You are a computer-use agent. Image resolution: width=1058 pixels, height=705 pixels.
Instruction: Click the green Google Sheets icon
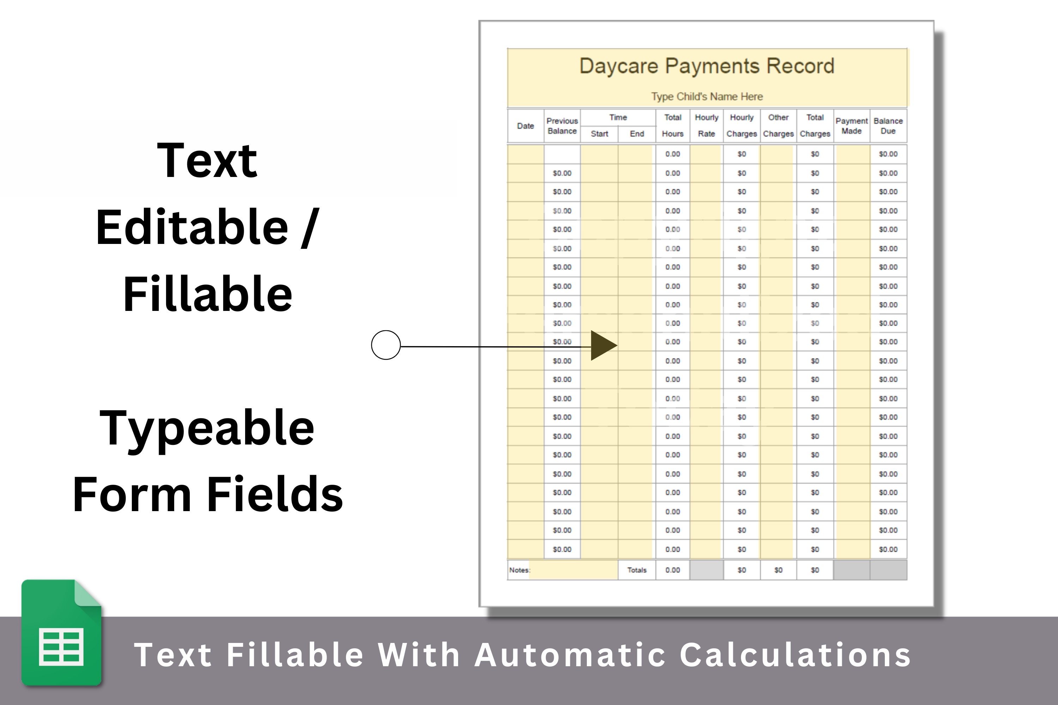click(62, 633)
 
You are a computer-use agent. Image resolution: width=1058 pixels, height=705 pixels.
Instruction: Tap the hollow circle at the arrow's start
click(386, 345)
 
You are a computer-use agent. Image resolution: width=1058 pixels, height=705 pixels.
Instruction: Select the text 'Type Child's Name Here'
click(707, 97)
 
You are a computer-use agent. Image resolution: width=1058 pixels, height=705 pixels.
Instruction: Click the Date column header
click(525, 126)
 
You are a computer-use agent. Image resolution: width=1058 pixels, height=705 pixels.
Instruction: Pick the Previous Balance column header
click(562, 126)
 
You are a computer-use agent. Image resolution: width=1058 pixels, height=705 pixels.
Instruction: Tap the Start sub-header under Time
click(599, 134)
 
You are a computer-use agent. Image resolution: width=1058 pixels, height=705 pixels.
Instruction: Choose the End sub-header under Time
click(637, 134)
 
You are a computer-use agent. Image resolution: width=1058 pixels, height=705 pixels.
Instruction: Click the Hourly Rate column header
click(706, 125)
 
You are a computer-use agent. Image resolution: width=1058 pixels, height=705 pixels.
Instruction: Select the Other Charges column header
click(778, 125)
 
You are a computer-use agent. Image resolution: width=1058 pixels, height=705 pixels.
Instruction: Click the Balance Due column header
click(888, 126)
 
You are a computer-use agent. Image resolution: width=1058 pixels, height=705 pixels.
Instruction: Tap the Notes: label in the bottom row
click(519, 570)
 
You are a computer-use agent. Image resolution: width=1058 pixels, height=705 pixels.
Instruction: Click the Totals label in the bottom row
click(637, 570)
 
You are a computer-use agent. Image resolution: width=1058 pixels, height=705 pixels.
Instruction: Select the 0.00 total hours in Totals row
click(673, 570)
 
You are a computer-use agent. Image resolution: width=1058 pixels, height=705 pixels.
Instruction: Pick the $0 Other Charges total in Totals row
click(778, 570)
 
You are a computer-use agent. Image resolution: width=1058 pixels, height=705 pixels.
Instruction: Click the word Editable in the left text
click(192, 227)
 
